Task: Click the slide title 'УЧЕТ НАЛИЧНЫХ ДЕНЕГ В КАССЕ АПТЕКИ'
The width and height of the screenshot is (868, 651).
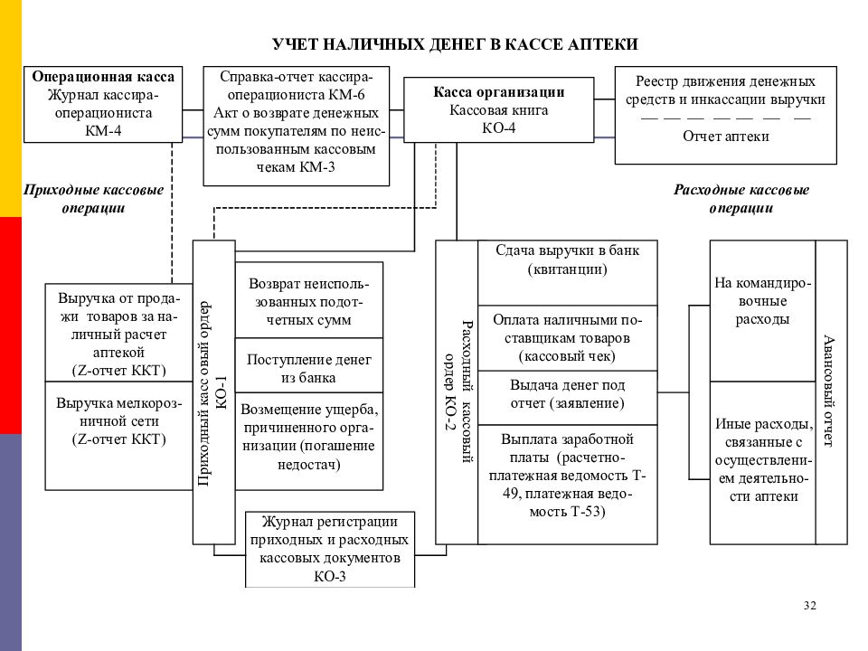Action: pyautogui.click(x=455, y=44)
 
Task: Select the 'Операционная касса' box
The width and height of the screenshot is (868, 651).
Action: pyautogui.click(x=103, y=105)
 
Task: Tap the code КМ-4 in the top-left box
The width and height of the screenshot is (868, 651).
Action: pyautogui.click(x=103, y=130)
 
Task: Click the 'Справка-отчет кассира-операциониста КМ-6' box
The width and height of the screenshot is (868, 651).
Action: pyautogui.click(x=297, y=127)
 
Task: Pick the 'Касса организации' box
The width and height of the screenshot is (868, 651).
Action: pyautogui.click(x=499, y=110)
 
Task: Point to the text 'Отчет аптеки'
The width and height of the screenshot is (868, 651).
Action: pyautogui.click(x=726, y=137)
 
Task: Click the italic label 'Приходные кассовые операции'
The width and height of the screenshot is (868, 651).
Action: pyautogui.click(x=93, y=199)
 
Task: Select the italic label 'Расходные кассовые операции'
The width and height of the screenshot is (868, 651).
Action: pyautogui.click(x=741, y=199)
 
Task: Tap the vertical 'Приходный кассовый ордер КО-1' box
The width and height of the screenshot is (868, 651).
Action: pyautogui.click(x=214, y=392)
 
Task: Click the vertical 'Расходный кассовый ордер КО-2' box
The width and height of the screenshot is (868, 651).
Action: pyautogui.click(x=457, y=392)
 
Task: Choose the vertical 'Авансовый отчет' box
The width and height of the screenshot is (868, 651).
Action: pyautogui.click(x=832, y=392)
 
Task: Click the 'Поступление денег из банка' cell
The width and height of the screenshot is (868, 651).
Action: pyautogui.click(x=309, y=365)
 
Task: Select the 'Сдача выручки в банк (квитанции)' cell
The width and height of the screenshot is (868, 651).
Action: pyautogui.click(x=568, y=272)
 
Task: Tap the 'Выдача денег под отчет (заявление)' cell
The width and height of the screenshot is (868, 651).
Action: pyautogui.click(x=568, y=398)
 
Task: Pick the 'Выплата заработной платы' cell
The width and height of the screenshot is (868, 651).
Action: pyautogui.click(x=568, y=485)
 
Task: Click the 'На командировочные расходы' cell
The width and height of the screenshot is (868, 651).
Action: pyautogui.click(x=762, y=310)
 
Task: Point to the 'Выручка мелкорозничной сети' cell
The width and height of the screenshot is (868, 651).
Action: pyautogui.click(x=118, y=436)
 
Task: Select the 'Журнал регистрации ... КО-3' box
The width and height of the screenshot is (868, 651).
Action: pyautogui.click(x=330, y=549)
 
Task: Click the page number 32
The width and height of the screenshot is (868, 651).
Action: pyautogui.click(x=810, y=606)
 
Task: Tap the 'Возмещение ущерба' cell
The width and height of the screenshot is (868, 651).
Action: pyautogui.click(x=309, y=441)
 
